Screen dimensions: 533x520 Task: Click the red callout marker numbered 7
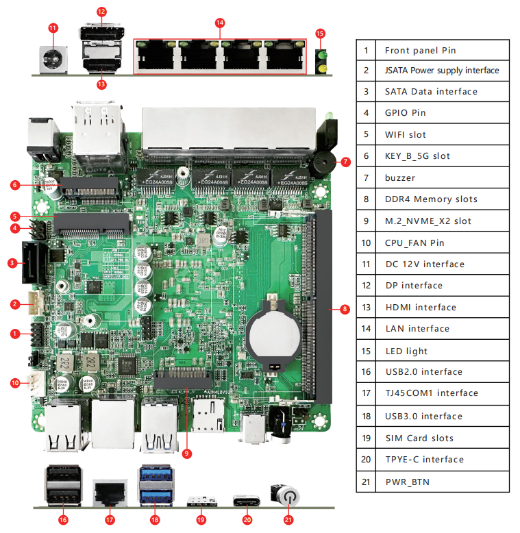[345, 162]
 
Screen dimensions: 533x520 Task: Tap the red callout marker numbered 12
[101, 12]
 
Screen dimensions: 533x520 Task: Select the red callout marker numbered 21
[288, 519]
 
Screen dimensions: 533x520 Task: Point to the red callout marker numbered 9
[186, 452]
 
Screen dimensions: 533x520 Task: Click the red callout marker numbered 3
[12, 262]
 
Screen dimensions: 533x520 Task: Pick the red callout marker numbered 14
[219, 23]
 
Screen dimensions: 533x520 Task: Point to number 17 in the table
[367, 393]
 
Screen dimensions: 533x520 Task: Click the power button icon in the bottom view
[288, 495]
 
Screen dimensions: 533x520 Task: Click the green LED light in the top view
[320, 55]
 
